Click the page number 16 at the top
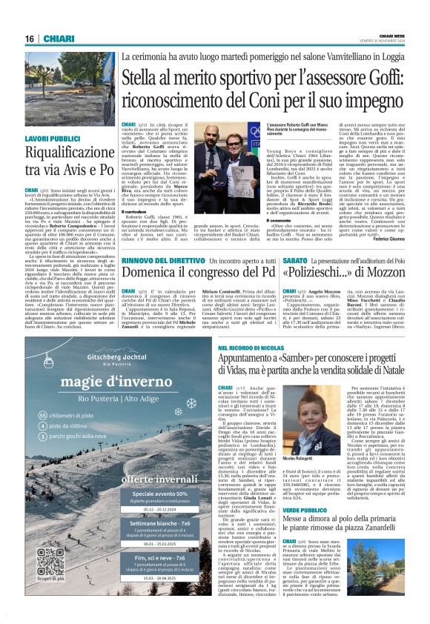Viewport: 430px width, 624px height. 30,38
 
